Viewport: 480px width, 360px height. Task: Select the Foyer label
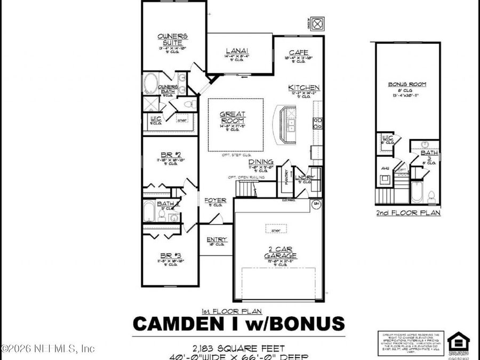click(215, 201)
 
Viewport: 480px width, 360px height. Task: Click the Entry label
click(217, 239)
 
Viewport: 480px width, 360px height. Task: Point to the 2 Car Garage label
click(279, 252)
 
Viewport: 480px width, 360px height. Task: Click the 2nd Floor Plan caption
click(407, 212)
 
